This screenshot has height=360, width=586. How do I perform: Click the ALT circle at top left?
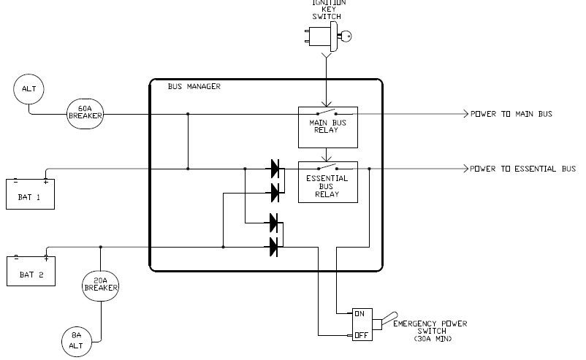tap(29, 90)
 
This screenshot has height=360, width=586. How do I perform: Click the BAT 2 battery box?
tap(30, 271)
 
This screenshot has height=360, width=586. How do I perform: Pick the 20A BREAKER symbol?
tap(100, 286)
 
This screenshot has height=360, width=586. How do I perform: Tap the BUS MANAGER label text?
tap(194, 86)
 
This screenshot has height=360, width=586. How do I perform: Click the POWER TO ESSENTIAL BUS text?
tap(523, 169)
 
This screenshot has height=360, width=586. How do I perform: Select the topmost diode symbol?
tap(275, 169)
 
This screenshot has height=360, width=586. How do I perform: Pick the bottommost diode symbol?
tap(275, 247)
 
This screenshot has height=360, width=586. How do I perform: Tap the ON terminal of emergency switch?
tap(359, 313)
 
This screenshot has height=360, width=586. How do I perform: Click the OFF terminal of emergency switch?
tap(359, 335)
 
